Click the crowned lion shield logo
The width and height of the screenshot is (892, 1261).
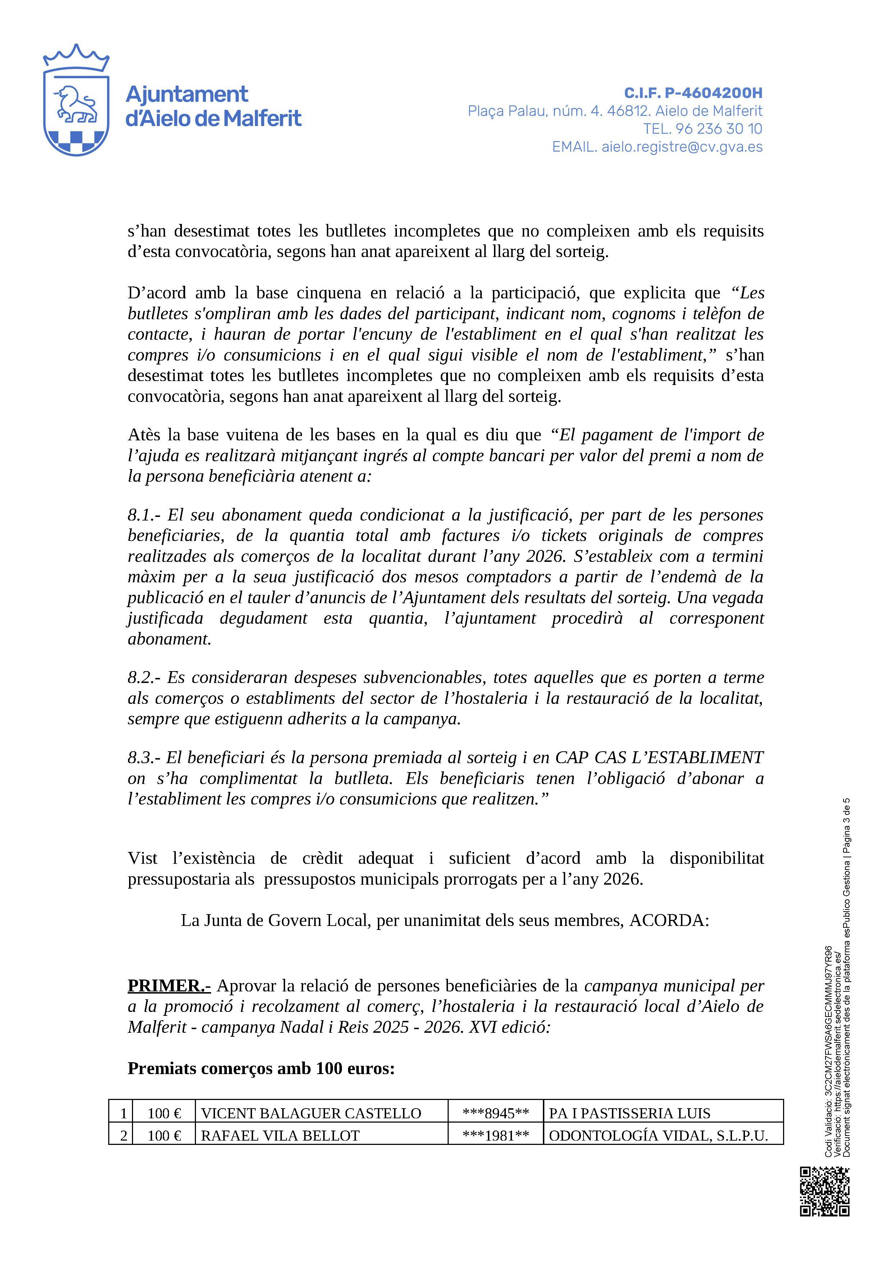pyautogui.click(x=76, y=101)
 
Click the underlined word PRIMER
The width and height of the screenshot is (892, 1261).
pyautogui.click(x=169, y=986)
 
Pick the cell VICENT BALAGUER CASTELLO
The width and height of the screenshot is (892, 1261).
pyautogui.click(x=311, y=1113)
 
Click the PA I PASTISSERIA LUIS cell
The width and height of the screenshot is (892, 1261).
pyautogui.click(x=630, y=1113)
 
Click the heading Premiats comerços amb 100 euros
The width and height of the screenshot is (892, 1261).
pyautogui.click(x=261, y=1068)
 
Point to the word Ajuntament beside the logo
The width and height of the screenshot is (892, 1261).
pyautogui.click(x=187, y=95)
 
